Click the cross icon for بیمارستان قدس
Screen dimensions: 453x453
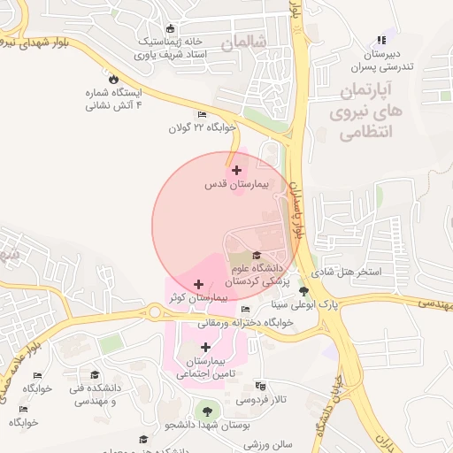click(x=235, y=170)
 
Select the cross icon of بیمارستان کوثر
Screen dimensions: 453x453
click(x=197, y=285)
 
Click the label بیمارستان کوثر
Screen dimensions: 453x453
click(x=197, y=299)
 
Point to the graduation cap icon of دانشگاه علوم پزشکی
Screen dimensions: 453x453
click(x=257, y=256)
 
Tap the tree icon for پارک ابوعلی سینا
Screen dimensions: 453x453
click(x=303, y=291)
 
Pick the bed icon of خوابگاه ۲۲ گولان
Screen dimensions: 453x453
click(x=202, y=115)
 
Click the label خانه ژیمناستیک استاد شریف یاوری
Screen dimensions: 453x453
click(x=170, y=48)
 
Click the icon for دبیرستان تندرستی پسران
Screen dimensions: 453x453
click(x=381, y=40)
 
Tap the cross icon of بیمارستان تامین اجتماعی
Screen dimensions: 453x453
click(x=207, y=347)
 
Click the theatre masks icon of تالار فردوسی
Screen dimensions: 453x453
click(x=260, y=387)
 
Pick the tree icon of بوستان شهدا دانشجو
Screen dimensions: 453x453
click(x=207, y=411)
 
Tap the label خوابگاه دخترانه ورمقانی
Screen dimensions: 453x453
click(x=262, y=323)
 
